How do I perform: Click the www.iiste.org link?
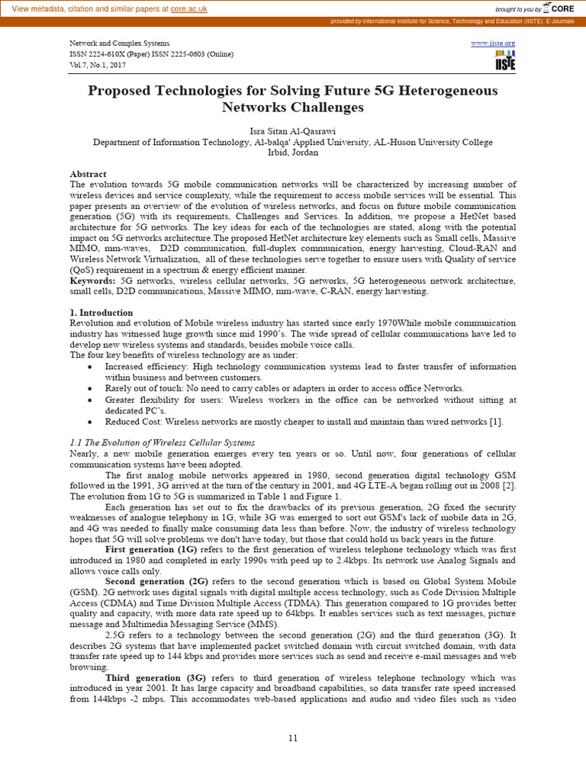click(493, 43)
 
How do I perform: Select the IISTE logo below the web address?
click(504, 61)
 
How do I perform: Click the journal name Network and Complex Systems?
click(119, 43)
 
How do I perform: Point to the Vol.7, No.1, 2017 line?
click(98, 65)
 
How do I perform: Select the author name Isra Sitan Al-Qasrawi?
click(293, 131)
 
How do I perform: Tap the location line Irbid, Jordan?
click(293, 153)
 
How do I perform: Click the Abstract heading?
click(88, 174)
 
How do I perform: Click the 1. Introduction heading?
click(101, 313)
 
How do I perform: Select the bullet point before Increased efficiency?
click(90, 367)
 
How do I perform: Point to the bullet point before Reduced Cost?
click(90, 422)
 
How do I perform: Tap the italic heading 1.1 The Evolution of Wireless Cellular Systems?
click(162, 443)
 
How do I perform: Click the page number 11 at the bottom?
click(293, 738)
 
